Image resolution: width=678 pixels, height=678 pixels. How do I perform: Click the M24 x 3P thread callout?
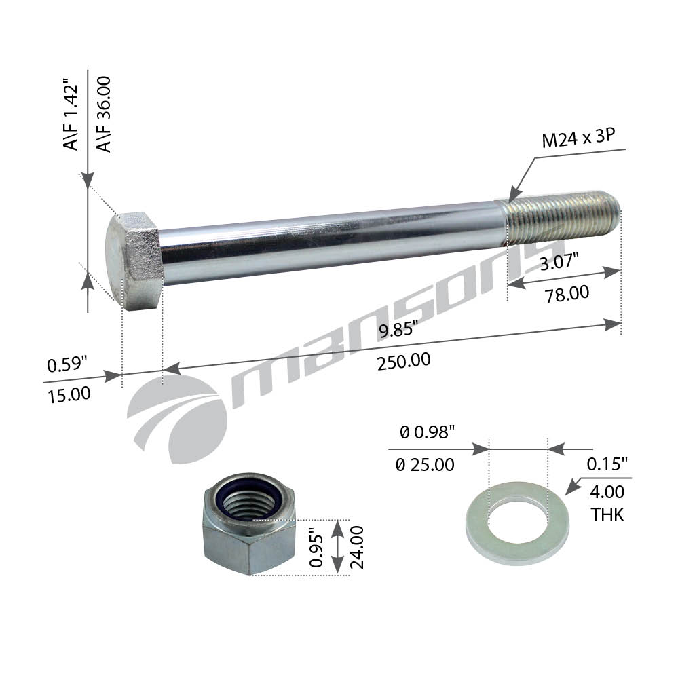pos(578,138)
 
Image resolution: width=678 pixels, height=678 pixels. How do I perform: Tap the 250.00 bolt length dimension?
pos(404,362)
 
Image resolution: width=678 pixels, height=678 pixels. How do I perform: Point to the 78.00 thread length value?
pos(567,294)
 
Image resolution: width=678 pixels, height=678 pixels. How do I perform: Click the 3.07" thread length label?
pos(559,262)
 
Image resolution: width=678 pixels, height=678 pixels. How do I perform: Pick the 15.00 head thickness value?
pos(69,395)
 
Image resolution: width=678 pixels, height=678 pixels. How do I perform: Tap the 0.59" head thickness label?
pos(67,364)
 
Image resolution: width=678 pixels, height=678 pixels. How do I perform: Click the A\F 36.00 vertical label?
pos(104,114)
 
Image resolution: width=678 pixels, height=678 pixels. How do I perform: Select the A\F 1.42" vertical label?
pos(71,114)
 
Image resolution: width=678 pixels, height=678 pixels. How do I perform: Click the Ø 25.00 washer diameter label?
pos(425,466)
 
